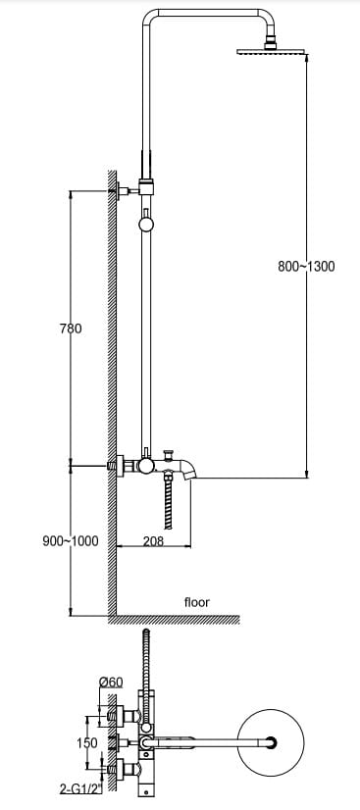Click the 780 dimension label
pos(71,329)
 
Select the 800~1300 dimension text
pos(306,266)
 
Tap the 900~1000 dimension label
pos(71,541)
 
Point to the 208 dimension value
pos(153,541)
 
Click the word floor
pos(197,602)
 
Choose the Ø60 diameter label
pos(111,682)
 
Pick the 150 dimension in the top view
pos(86,743)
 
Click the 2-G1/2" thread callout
pos(81,788)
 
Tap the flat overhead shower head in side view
pos(271,52)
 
